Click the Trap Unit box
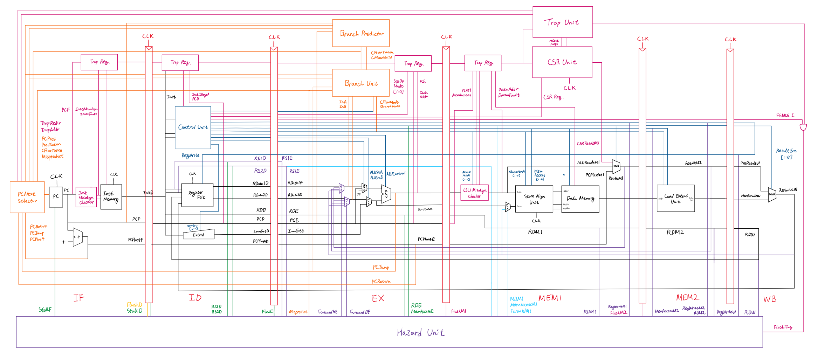[x=562, y=22]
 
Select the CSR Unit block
[x=562, y=62]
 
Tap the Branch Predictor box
[x=361, y=33]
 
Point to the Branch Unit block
[x=361, y=83]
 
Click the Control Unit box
[x=193, y=127]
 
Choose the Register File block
[x=197, y=195]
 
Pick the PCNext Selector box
[x=27, y=197]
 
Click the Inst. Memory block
[x=111, y=197]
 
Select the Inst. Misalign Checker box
[x=86, y=197]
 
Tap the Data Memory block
[x=580, y=199]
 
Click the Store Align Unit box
[x=534, y=199]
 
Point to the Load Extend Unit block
[x=675, y=198]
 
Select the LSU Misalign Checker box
[x=474, y=193]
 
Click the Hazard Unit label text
[x=421, y=332]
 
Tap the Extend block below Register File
[x=199, y=235]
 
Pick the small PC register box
[x=56, y=197]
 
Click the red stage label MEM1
[x=550, y=298]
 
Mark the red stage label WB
[x=770, y=299]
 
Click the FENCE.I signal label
[x=785, y=115]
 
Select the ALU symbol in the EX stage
[x=386, y=194]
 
